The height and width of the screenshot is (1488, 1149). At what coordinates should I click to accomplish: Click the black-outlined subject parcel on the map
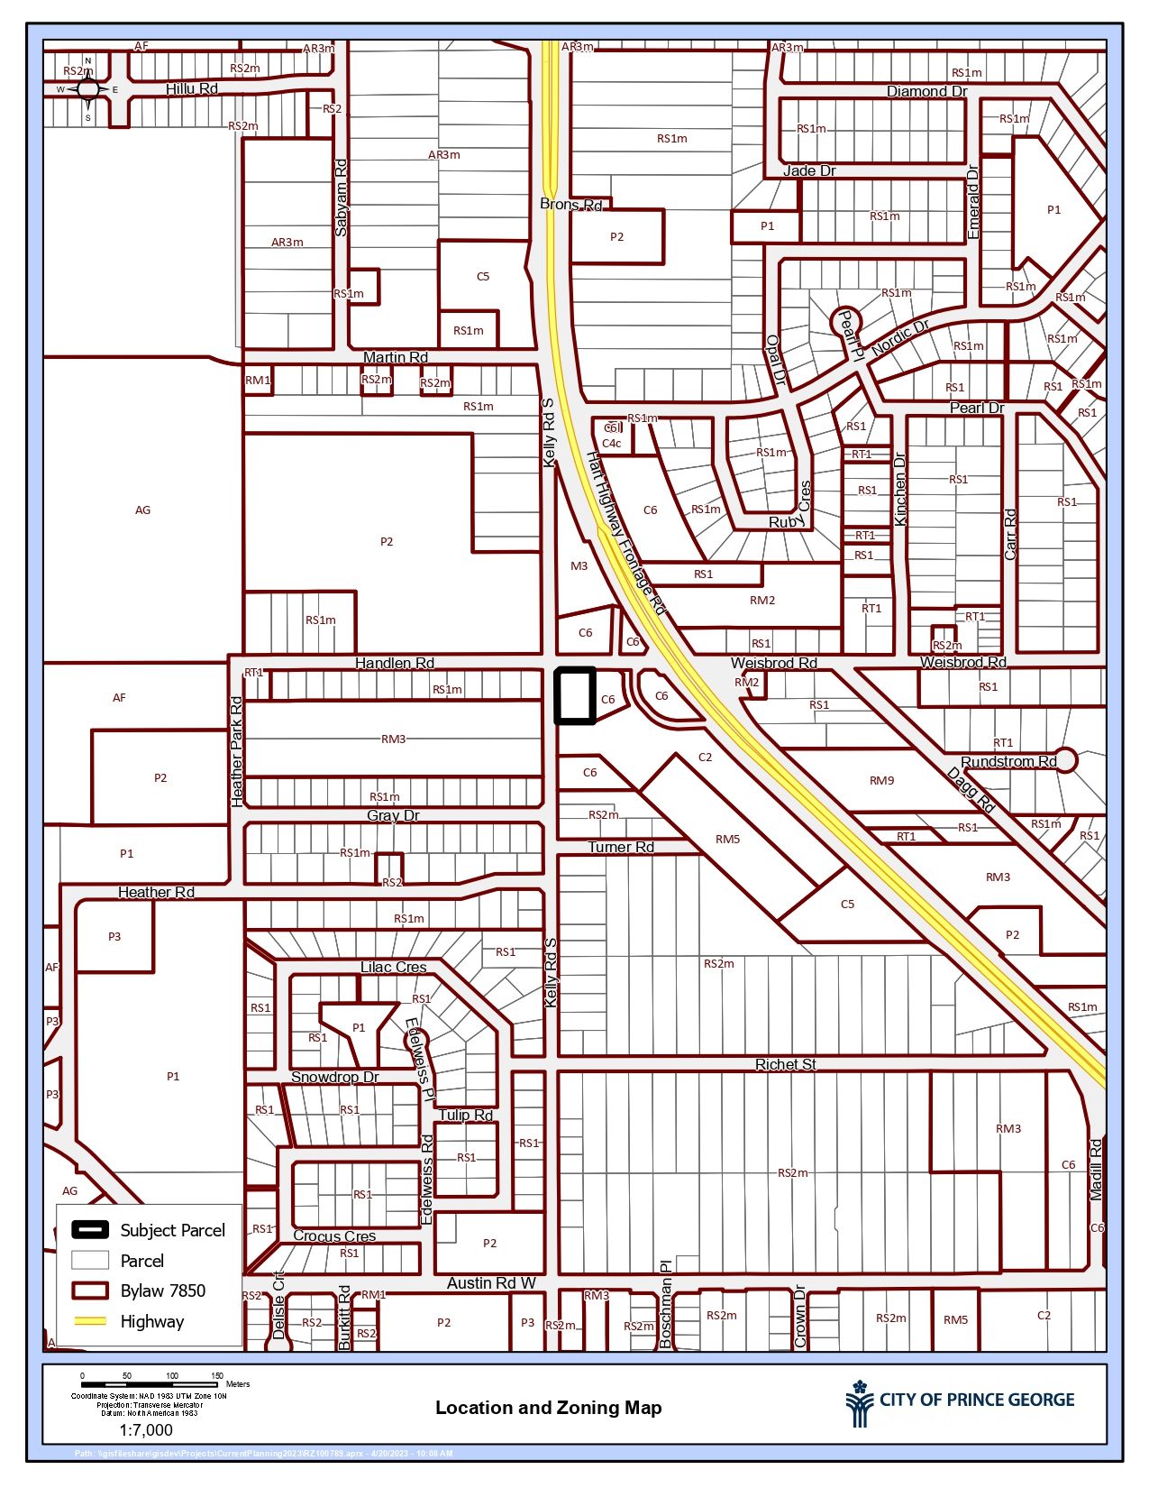[574, 695]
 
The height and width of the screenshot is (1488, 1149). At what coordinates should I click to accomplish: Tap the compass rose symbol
[87, 89]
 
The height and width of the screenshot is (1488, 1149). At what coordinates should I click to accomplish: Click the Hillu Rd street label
[191, 88]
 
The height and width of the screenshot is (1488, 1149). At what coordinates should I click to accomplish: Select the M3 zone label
[579, 566]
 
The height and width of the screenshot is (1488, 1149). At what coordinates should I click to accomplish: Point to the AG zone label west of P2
[142, 510]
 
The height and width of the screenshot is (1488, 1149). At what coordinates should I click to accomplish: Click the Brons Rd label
[570, 205]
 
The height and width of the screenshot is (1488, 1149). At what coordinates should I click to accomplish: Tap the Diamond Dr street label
[926, 91]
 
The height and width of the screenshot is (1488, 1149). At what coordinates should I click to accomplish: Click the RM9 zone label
[881, 781]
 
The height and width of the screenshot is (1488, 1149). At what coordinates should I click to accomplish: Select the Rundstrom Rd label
[1008, 762]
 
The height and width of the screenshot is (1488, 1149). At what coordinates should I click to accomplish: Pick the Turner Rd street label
[621, 847]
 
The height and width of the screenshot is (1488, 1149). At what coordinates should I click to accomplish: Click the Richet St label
[785, 1064]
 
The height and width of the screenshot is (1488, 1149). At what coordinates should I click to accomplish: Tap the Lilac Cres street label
[393, 967]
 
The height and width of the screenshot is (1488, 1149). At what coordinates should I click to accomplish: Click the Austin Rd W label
[491, 1282]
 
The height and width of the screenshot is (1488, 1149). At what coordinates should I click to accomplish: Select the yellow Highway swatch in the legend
[89, 1321]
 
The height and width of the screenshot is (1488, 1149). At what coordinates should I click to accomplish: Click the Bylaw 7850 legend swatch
[89, 1291]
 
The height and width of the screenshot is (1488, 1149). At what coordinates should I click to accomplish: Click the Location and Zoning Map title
[548, 1408]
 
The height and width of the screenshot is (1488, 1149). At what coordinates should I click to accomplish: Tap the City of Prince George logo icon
[859, 1404]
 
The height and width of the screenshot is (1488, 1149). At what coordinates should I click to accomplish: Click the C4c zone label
[612, 443]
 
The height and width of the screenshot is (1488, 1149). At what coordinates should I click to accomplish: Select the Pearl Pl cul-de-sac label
[849, 333]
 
